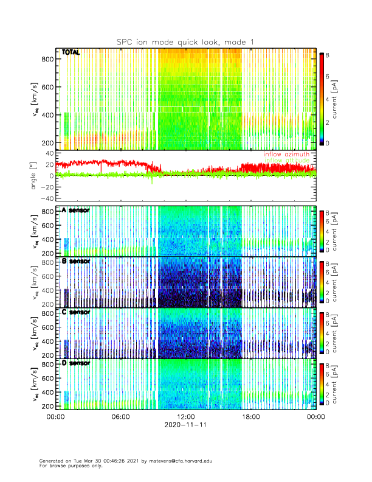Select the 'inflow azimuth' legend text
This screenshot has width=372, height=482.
tap(289, 155)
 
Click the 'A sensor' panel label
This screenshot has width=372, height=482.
tap(75, 210)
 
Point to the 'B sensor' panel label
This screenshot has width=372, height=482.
tap(75, 261)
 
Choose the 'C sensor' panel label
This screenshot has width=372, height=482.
tap(75, 312)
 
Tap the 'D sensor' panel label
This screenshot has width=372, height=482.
tap(75, 363)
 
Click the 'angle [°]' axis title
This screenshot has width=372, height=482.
tap(35, 175)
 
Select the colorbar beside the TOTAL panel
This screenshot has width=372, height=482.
tap(322, 98)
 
